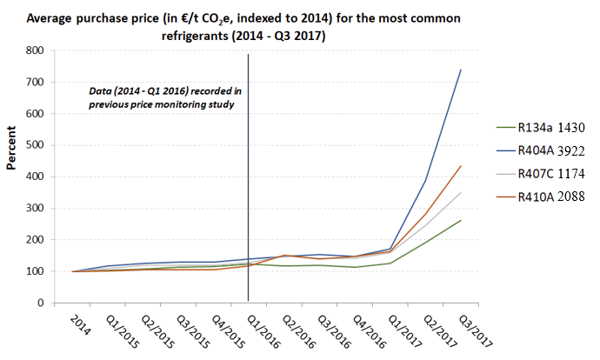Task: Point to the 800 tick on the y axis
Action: coord(35,50)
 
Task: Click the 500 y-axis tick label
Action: coord(35,145)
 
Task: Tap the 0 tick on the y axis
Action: coord(41,303)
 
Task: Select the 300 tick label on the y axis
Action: coord(35,208)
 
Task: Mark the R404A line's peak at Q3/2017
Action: coord(460,70)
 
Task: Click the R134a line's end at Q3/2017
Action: coord(460,220)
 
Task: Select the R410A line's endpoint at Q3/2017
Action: coord(460,166)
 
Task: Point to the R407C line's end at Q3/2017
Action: coord(460,192)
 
